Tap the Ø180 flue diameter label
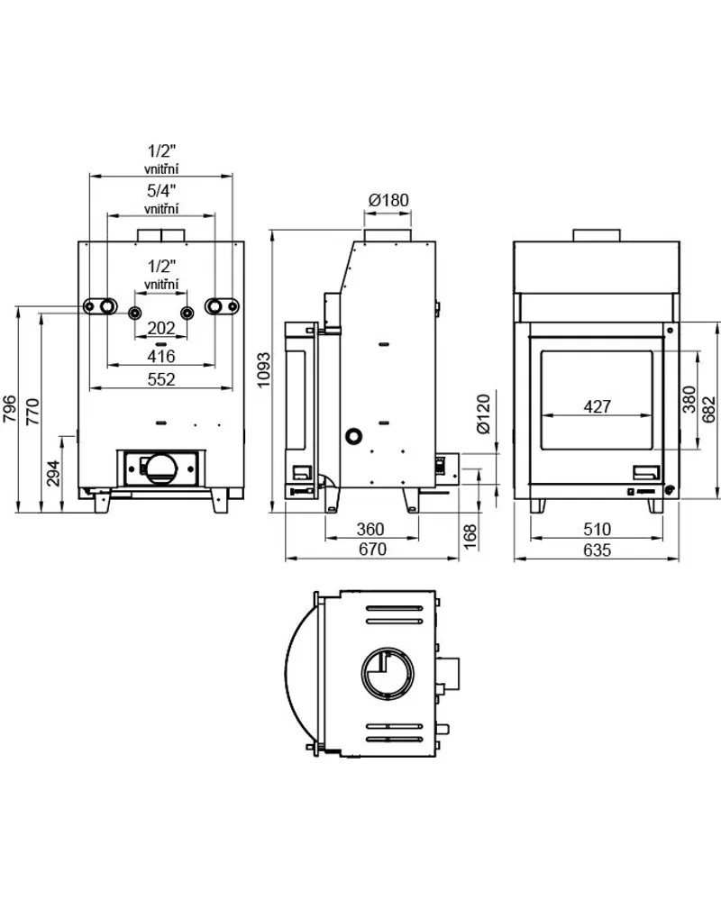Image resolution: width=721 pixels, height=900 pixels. (x=388, y=201)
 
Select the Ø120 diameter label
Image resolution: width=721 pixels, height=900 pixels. (x=483, y=414)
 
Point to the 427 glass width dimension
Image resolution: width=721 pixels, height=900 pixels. (x=597, y=406)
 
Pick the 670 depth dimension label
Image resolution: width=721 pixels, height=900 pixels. (x=371, y=549)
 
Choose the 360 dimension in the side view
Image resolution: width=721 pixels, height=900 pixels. (x=370, y=528)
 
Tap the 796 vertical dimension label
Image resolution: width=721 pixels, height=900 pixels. (x=9, y=410)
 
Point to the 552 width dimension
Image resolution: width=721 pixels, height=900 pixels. (x=160, y=379)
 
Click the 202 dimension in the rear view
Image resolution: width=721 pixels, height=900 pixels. (x=160, y=329)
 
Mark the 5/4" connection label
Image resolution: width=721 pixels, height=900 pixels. (x=160, y=190)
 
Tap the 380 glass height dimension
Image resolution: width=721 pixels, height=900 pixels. (x=689, y=398)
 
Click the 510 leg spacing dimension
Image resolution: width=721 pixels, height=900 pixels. (x=596, y=529)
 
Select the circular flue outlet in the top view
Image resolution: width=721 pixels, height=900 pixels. (x=388, y=672)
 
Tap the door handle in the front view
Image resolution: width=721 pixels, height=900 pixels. (x=645, y=472)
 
